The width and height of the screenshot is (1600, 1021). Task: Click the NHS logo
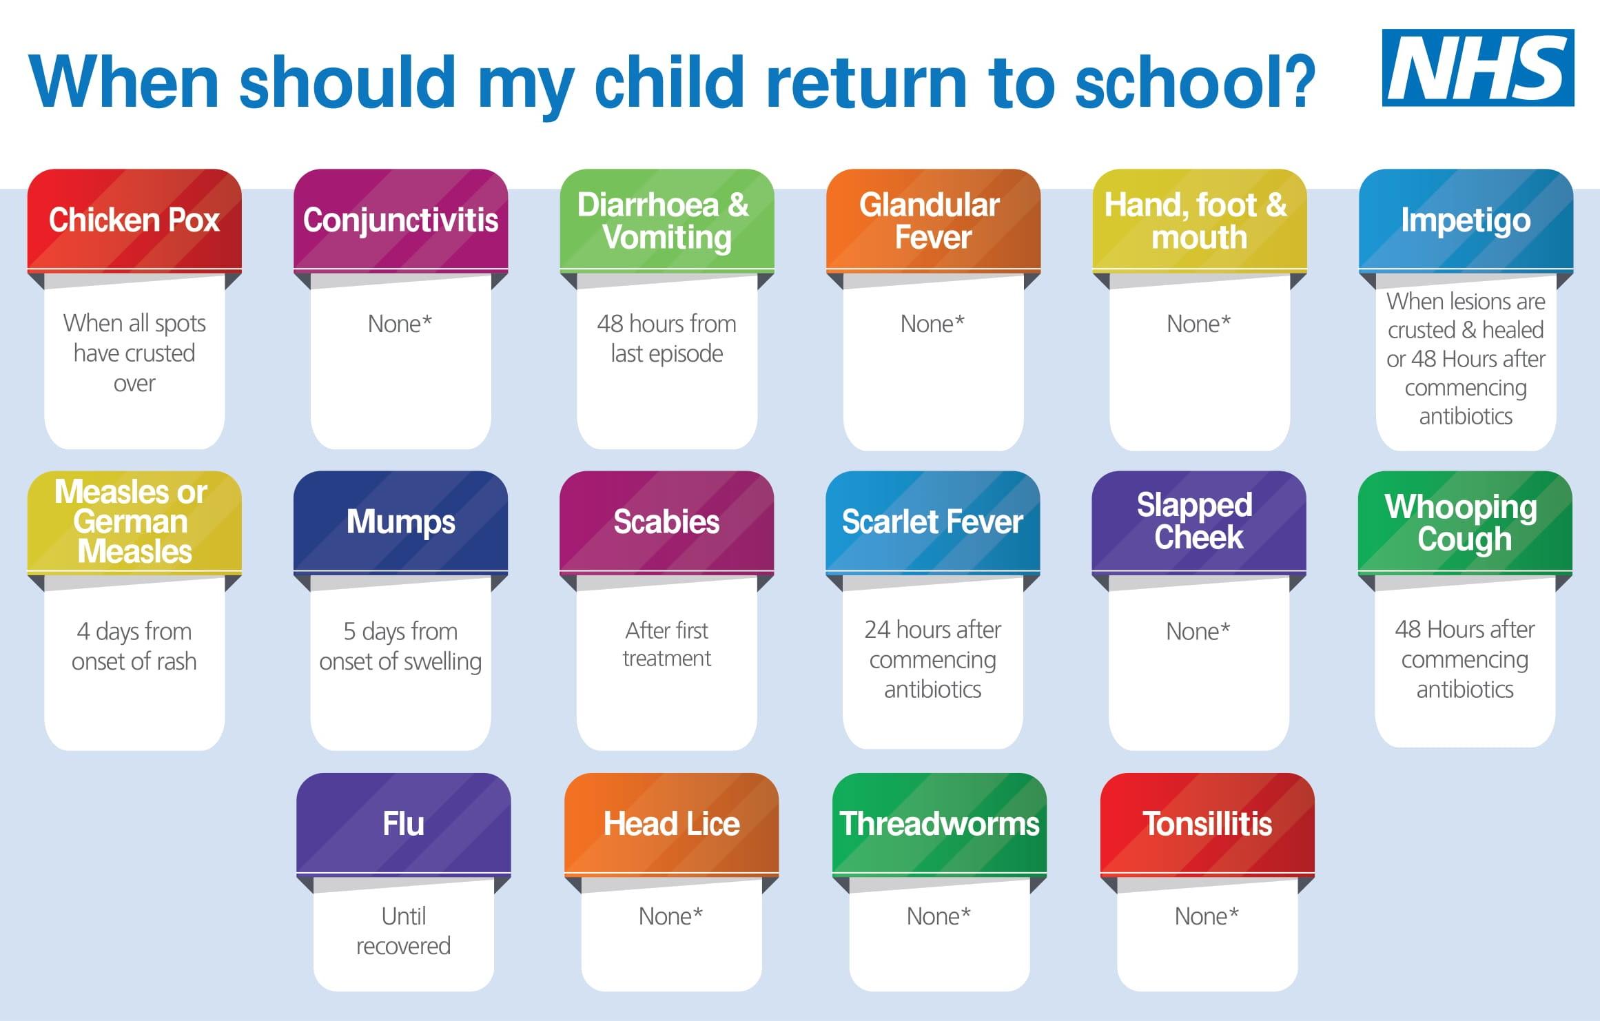[1477, 68]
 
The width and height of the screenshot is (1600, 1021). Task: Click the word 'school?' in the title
[1196, 81]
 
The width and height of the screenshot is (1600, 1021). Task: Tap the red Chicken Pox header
[134, 220]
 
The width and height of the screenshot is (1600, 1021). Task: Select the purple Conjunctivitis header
[400, 220]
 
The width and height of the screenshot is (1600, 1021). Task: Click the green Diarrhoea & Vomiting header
[667, 220]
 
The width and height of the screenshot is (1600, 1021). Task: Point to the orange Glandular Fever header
[933, 220]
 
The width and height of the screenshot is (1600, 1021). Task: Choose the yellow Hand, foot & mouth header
[1200, 220]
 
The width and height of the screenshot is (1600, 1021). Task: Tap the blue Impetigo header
[1466, 220]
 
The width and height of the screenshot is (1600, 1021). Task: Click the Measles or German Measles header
[134, 522]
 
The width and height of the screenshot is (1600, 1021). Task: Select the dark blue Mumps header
[400, 522]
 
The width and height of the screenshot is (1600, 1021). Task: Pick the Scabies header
[667, 522]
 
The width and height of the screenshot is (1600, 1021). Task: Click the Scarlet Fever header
[933, 522]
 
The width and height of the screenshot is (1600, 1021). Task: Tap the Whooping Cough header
[1466, 522]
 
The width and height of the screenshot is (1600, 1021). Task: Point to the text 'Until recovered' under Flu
[403, 931]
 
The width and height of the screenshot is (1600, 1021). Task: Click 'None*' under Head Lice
[670, 916]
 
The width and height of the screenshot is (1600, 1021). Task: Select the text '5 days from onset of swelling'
[400, 646]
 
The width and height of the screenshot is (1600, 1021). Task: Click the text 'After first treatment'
[667, 644]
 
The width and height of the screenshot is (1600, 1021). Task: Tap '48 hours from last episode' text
[667, 338]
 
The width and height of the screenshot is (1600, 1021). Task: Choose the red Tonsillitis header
[1207, 823]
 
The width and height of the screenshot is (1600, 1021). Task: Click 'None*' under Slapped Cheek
[1198, 631]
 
